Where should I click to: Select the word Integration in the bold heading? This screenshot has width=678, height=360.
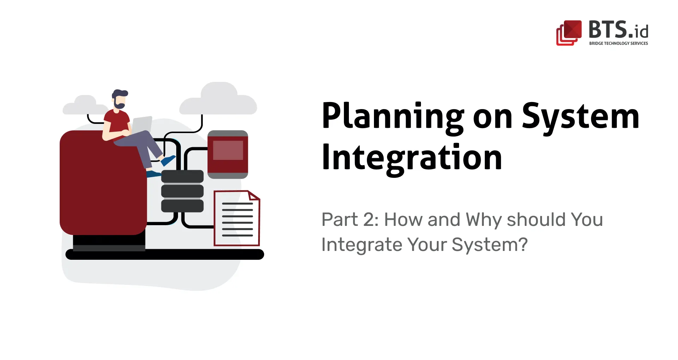pyautogui.click(x=412, y=158)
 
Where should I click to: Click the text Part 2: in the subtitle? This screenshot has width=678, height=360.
pyautogui.click(x=350, y=220)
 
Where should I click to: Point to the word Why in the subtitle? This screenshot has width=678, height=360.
pyautogui.click(x=483, y=220)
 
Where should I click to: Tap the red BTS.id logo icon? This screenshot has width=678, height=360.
pyautogui.click(x=569, y=33)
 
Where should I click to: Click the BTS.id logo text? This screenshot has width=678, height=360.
pyautogui.click(x=618, y=30)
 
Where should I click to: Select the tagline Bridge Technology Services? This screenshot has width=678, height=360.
pyautogui.click(x=618, y=43)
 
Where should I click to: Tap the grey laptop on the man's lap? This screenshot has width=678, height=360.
pyautogui.click(x=142, y=125)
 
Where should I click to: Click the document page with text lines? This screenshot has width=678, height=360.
pyautogui.click(x=237, y=219)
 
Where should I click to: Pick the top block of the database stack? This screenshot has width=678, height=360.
pyautogui.click(x=182, y=176)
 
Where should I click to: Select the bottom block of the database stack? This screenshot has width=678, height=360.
pyautogui.click(x=182, y=206)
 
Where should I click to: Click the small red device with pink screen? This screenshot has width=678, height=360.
pyautogui.click(x=228, y=154)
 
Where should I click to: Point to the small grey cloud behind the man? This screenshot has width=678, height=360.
pyautogui.click(x=84, y=105)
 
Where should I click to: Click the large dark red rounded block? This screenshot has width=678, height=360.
pyautogui.click(x=103, y=184)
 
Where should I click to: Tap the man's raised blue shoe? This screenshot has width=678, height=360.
pyautogui.click(x=168, y=160)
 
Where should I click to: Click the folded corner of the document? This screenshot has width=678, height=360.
pyautogui.click(x=254, y=196)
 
